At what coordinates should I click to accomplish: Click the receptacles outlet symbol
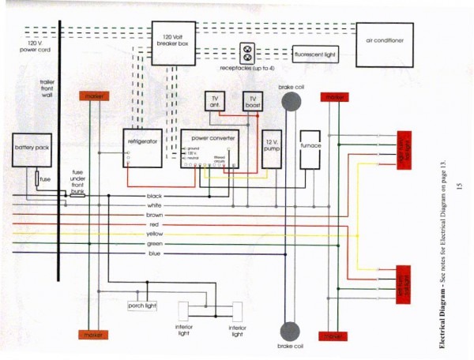coord(250,54)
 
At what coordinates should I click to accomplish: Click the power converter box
coord(209,149)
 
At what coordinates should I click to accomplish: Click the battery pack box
coord(32,151)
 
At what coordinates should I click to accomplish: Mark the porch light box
coord(142,305)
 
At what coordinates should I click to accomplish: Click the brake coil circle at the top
coord(292,103)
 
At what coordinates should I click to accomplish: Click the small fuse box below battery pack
coord(45,180)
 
